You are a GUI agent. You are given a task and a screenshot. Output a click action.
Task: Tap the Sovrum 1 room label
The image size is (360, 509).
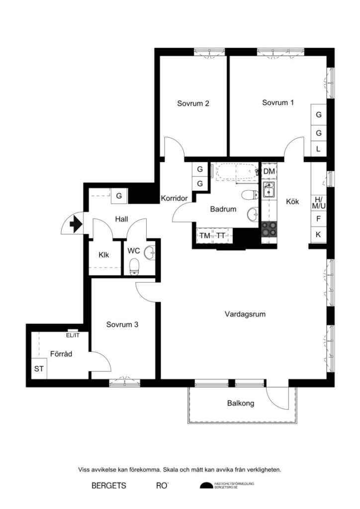click(278, 103)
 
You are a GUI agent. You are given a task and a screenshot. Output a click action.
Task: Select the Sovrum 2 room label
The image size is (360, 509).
click(193, 104)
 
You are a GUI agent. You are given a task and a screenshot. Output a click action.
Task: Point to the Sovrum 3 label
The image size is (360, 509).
click(122, 325)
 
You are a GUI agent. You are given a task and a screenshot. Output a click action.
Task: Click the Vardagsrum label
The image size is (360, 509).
click(244, 314)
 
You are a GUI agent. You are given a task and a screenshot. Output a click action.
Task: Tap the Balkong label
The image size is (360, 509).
click(241, 404)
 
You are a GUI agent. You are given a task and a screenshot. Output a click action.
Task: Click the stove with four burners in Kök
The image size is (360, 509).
click(269, 229)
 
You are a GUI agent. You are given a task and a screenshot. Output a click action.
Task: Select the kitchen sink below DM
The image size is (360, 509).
click(269, 189)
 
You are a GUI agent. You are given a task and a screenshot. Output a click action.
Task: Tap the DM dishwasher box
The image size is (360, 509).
click(269, 171)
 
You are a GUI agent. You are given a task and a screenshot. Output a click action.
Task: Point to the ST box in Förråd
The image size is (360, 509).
click(38, 369)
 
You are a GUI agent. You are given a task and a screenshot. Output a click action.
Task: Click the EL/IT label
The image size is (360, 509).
click(73, 336)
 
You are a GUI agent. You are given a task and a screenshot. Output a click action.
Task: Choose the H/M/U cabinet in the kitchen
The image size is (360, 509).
click(319, 202)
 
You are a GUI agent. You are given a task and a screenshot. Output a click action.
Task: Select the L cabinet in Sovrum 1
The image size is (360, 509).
click(319, 149)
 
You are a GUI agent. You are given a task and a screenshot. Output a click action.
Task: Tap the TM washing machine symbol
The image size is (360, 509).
click(204, 236)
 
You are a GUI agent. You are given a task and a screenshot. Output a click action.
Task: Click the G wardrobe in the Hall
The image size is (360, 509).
click(119, 196)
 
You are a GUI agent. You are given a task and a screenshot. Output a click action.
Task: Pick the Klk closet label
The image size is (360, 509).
click(104, 255)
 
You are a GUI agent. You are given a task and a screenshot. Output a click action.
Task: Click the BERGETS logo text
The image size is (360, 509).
click(109, 485)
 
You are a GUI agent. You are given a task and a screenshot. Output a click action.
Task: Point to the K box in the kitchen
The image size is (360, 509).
click(319, 234)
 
